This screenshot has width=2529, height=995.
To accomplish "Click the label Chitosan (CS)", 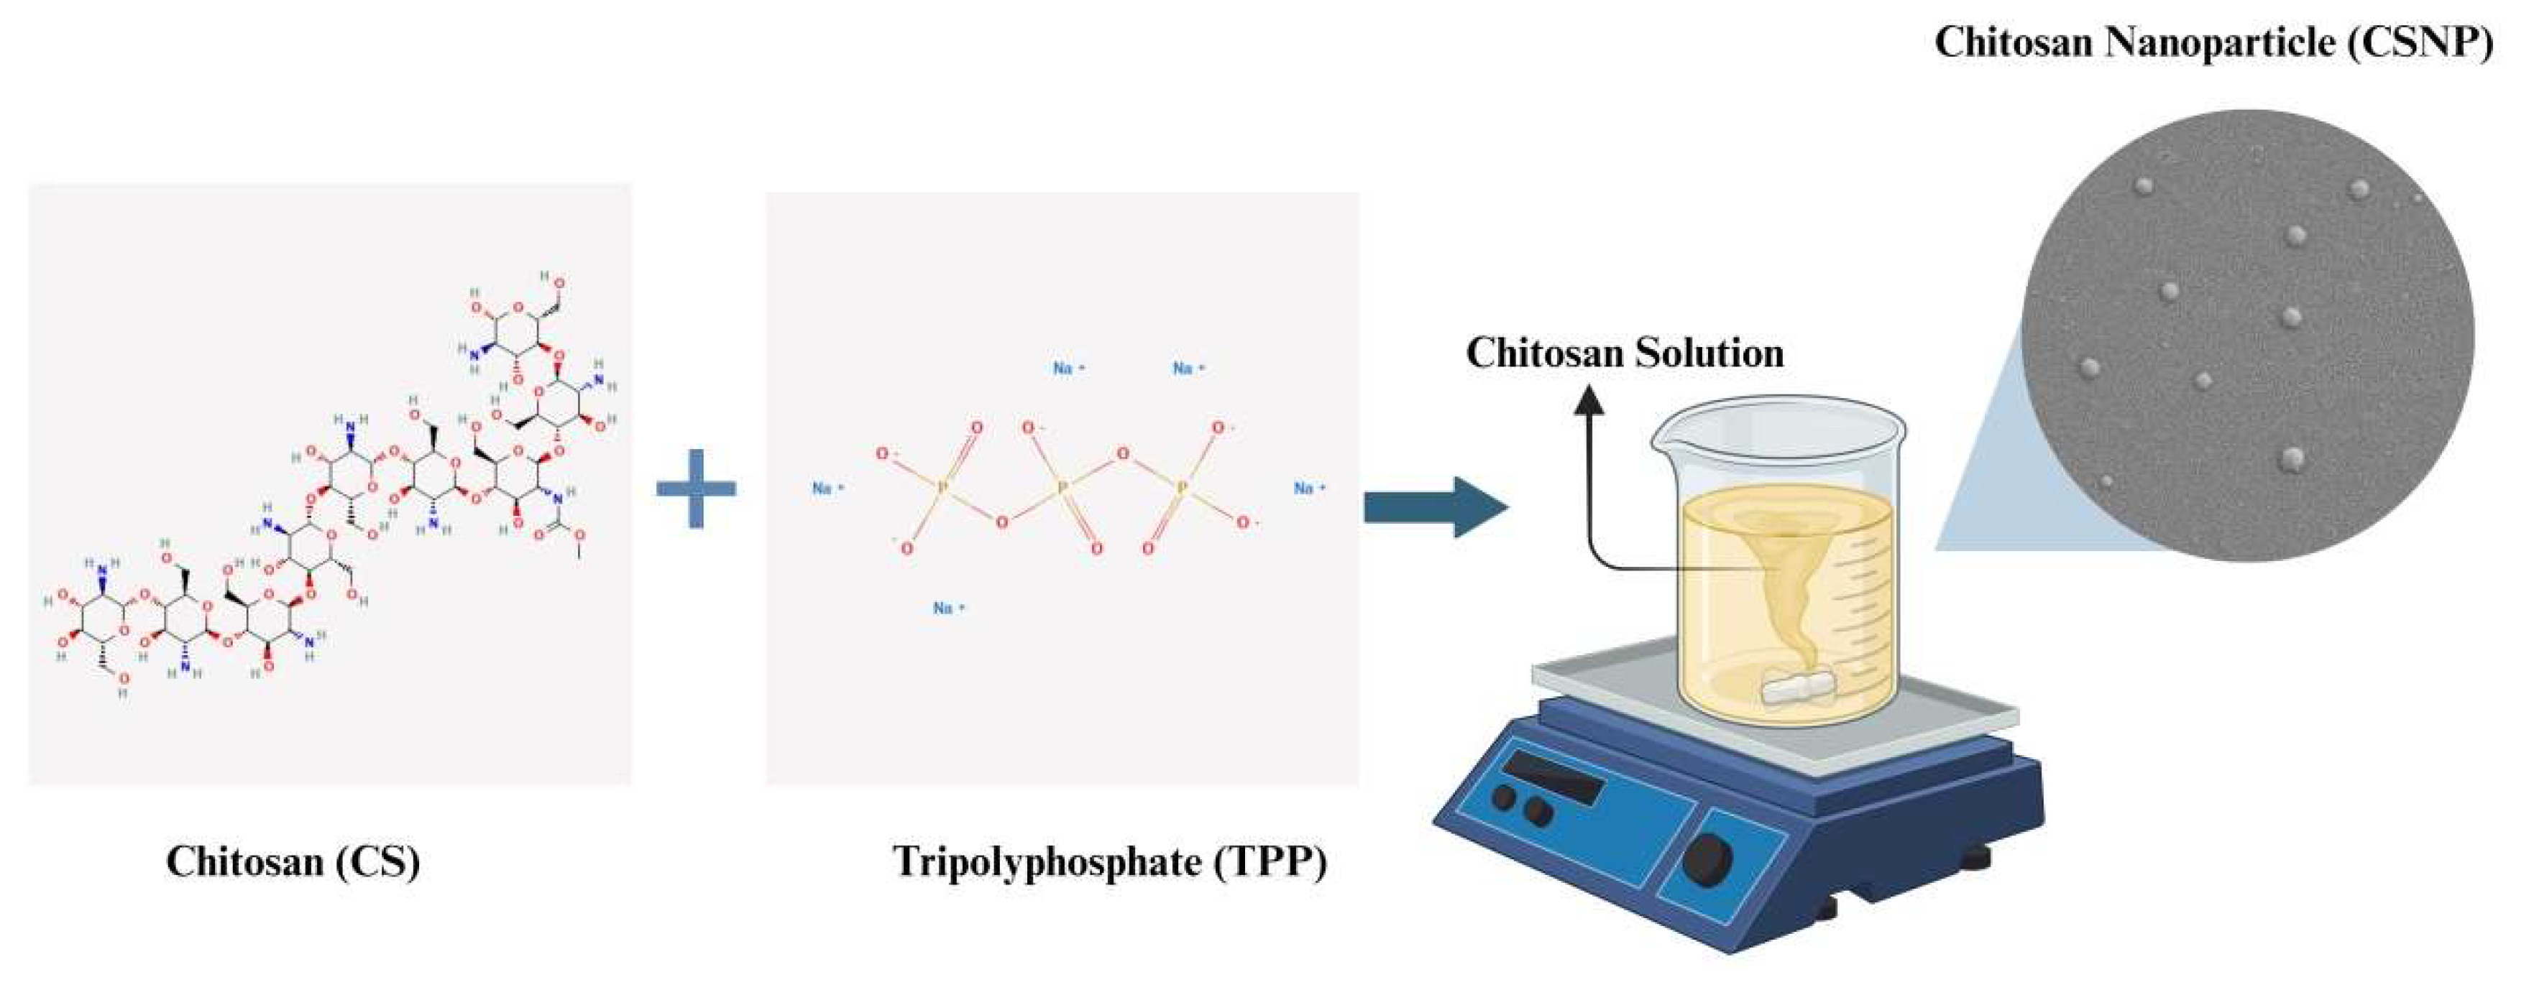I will pos(293,861).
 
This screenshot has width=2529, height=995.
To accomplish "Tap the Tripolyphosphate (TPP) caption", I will pos(1109,861).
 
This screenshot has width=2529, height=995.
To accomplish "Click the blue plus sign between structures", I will pos(696,489).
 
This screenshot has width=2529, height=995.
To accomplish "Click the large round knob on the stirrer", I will pos(1707,860).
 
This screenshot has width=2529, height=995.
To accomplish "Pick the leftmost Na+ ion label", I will pos(827,488).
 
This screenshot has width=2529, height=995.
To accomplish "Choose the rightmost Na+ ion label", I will pos(1308,488).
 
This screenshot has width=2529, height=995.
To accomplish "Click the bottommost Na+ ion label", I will pos(948,608).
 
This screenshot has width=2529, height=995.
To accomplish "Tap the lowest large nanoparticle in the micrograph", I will pos(2293,458).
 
